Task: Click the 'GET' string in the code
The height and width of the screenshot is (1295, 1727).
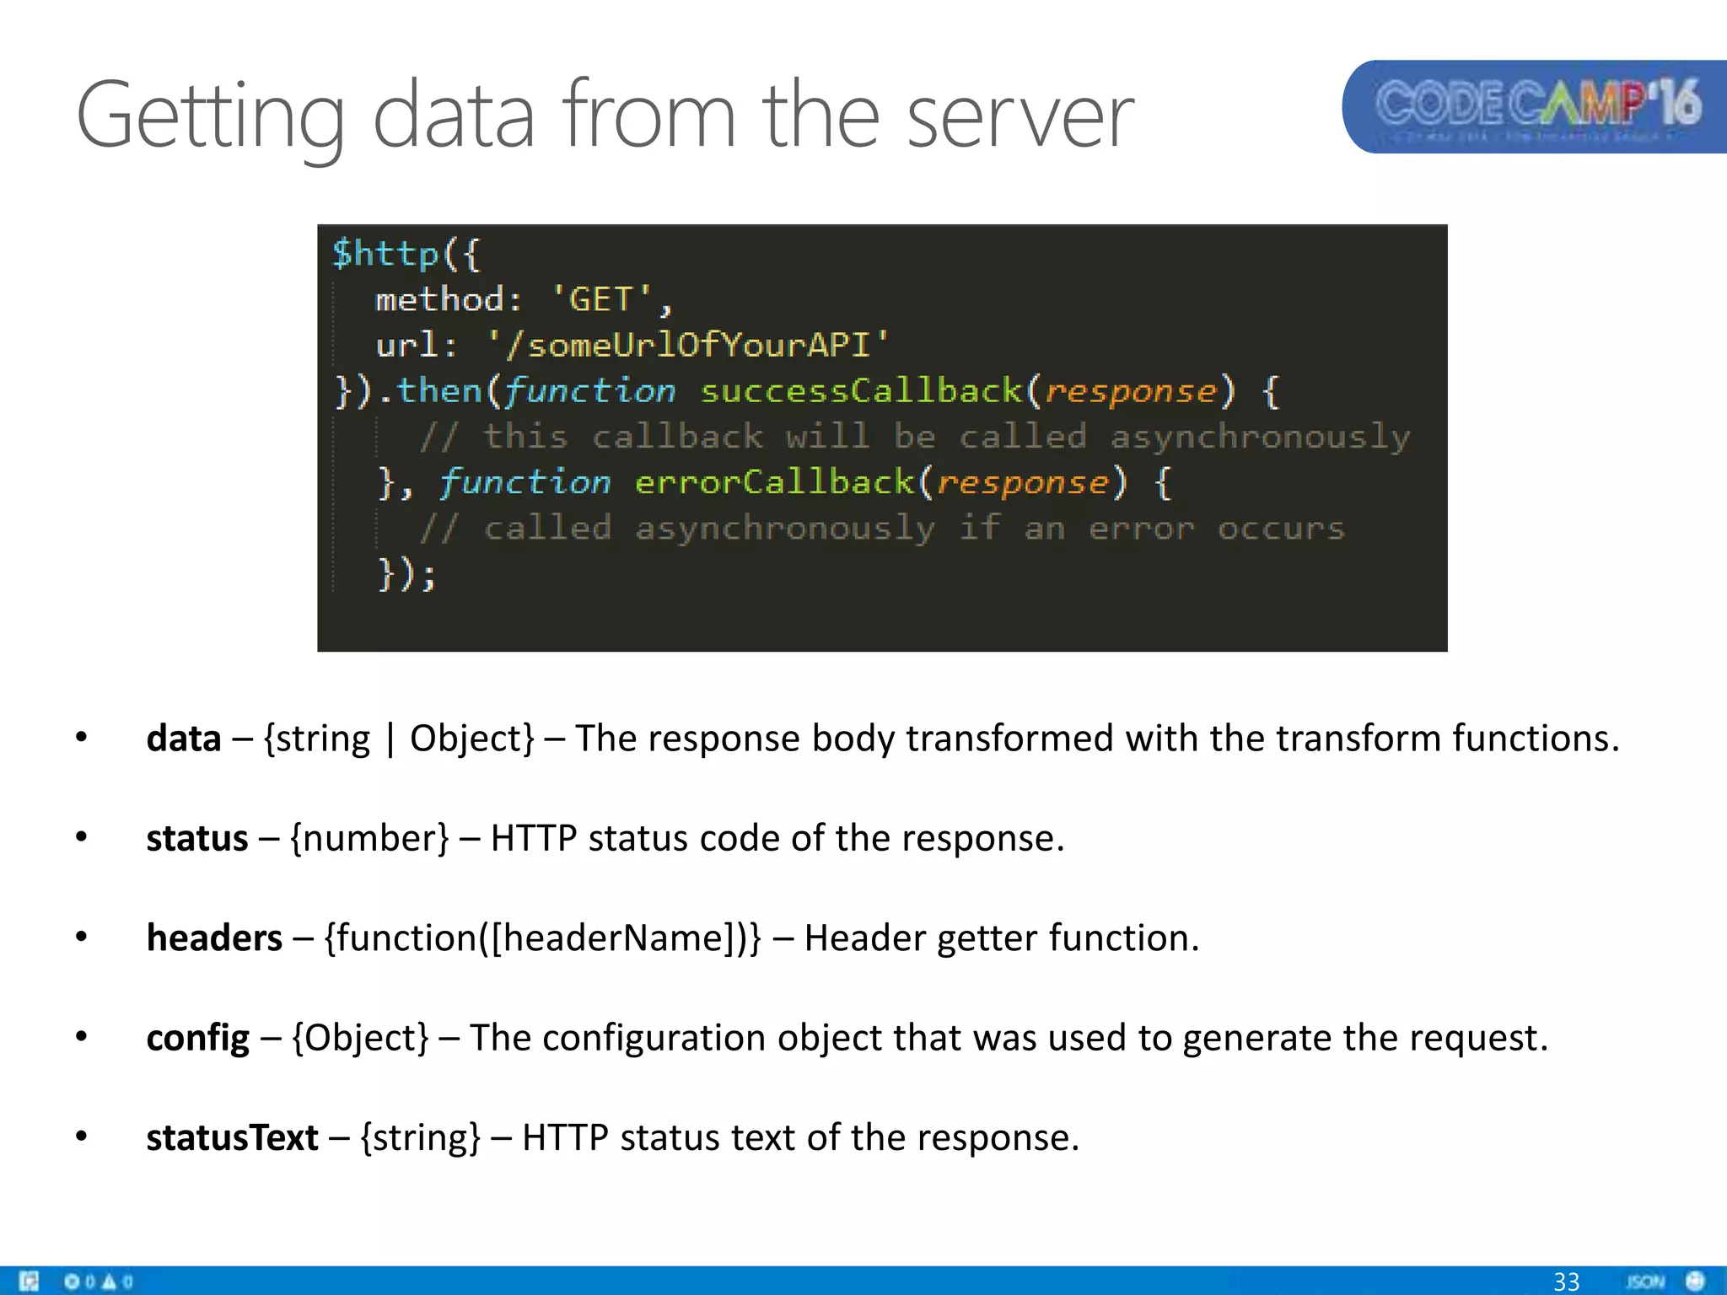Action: coord(601,299)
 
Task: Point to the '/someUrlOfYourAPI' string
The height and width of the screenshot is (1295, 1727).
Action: coord(688,345)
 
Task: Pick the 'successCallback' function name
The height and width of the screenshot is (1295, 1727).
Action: coord(861,390)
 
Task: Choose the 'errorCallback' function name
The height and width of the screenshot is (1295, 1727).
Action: coord(774,482)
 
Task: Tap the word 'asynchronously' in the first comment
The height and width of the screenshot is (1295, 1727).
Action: coord(1259,437)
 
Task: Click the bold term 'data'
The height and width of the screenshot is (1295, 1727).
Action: coord(184,739)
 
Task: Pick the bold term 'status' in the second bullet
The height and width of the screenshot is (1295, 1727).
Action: coord(197,838)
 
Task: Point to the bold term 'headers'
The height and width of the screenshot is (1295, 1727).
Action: coord(214,938)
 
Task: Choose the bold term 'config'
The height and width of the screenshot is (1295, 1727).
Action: coord(198,1038)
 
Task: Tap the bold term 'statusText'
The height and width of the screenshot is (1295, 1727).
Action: coord(232,1137)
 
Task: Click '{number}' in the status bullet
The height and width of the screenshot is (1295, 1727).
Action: coord(369,838)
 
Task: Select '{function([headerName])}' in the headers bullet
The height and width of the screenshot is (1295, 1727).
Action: coord(542,938)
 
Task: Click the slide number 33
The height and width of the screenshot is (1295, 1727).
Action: coord(1566,1282)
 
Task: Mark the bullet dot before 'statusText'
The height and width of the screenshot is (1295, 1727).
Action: coord(81,1136)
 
